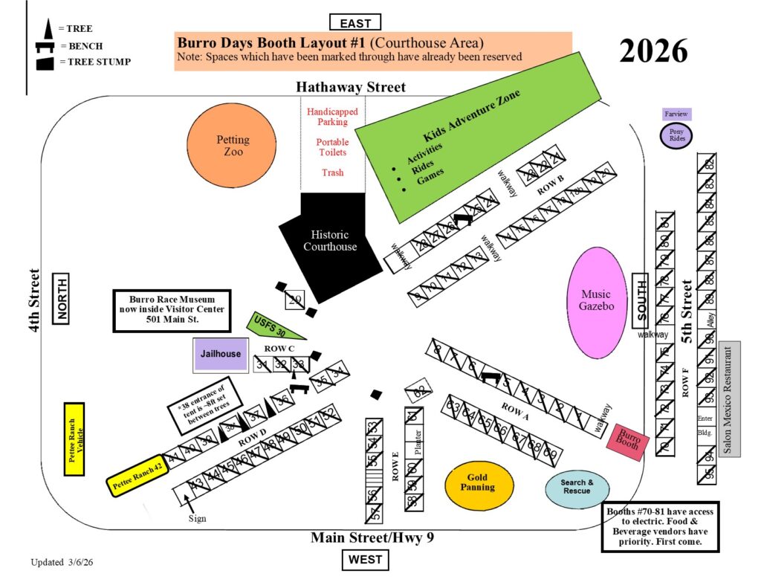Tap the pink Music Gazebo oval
(x=597, y=300)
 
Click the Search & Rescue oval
(x=577, y=488)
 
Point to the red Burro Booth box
(x=627, y=442)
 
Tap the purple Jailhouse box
(x=220, y=354)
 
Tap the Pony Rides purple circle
(x=676, y=135)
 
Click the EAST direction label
(x=355, y=22)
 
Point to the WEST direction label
(x=365, y=560)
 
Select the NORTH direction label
(x=61, y=298)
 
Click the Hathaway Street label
(x=351, y=87)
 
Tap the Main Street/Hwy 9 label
(x=372, y=537)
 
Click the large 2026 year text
(x=653, y=51)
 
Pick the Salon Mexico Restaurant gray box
(x=729, y=398)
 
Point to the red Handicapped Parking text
(x=332, y=117)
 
